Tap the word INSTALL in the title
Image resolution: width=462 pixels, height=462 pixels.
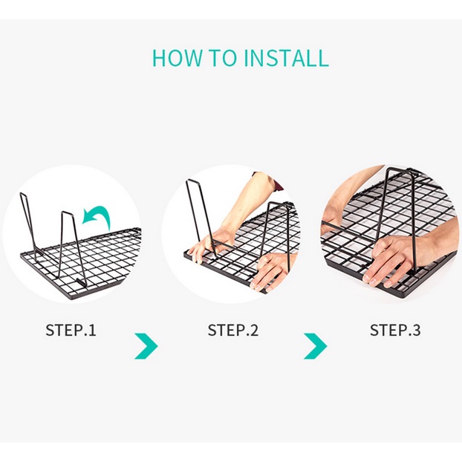(286, 58)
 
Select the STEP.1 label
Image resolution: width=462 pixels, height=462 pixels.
(71, 330)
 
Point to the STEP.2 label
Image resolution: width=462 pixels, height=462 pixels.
(233, 330)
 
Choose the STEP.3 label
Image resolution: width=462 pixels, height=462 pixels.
(395, 330)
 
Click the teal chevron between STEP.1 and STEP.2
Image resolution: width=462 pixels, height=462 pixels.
(146, 346)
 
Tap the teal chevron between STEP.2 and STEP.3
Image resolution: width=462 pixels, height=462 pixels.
(316, 346)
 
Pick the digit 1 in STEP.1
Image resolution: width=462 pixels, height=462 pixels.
(92, 330)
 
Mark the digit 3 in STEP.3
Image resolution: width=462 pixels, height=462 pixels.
(416, 330)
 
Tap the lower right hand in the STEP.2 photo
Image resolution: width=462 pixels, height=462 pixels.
(269, 272)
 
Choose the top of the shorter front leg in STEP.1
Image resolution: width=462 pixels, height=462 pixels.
(68, 212)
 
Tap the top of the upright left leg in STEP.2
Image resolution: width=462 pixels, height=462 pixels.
(193, 180)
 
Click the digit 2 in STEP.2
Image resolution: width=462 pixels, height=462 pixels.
(254, 330)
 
